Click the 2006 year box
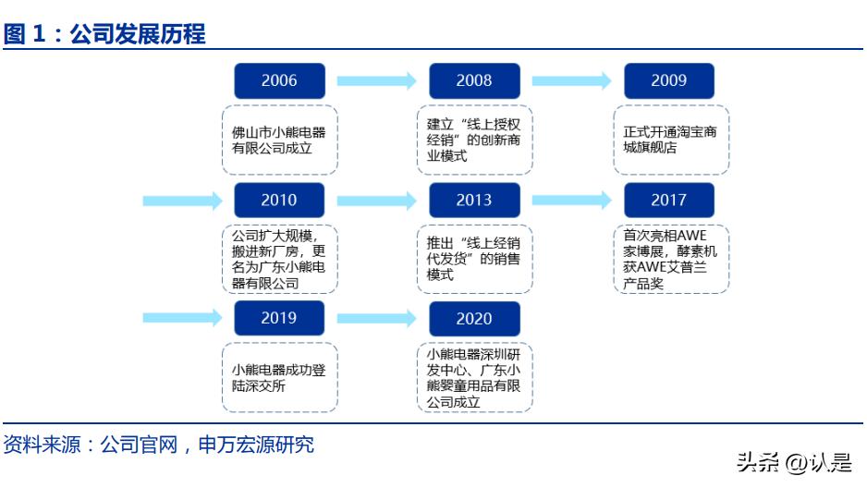[x=279, y=81]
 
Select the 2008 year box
[x=474, y=81]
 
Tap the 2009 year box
[x=669, y=81]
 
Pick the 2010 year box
[x=279, y=201]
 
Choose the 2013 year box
[x=474, y=201]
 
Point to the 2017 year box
[x=669, y=201]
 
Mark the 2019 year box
[x=279, y=319]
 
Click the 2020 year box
[x=474, y=319]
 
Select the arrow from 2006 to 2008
[x=376, y=81]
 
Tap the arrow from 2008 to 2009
[x=571, y=81]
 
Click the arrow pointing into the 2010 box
[x=182, y=201]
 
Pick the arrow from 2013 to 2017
[x=571, y=201]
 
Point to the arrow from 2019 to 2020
[x=376, y=319]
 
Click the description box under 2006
[x=279, y=140]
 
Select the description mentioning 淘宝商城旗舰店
[x=670, y=140]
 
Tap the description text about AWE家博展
[x=670, y=259]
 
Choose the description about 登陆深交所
[x=279, y=378]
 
